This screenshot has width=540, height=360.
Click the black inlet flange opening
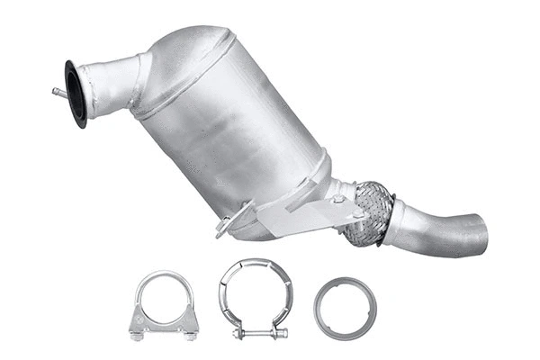tap(76, 93)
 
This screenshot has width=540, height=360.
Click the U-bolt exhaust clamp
tap(164, 304)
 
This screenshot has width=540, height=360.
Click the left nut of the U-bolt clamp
tap(137, 335)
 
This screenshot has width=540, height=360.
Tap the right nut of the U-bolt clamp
tap(191, 335)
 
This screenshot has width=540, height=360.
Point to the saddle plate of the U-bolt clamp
tap(164, 319)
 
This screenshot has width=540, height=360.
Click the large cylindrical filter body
tap(234, 135)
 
